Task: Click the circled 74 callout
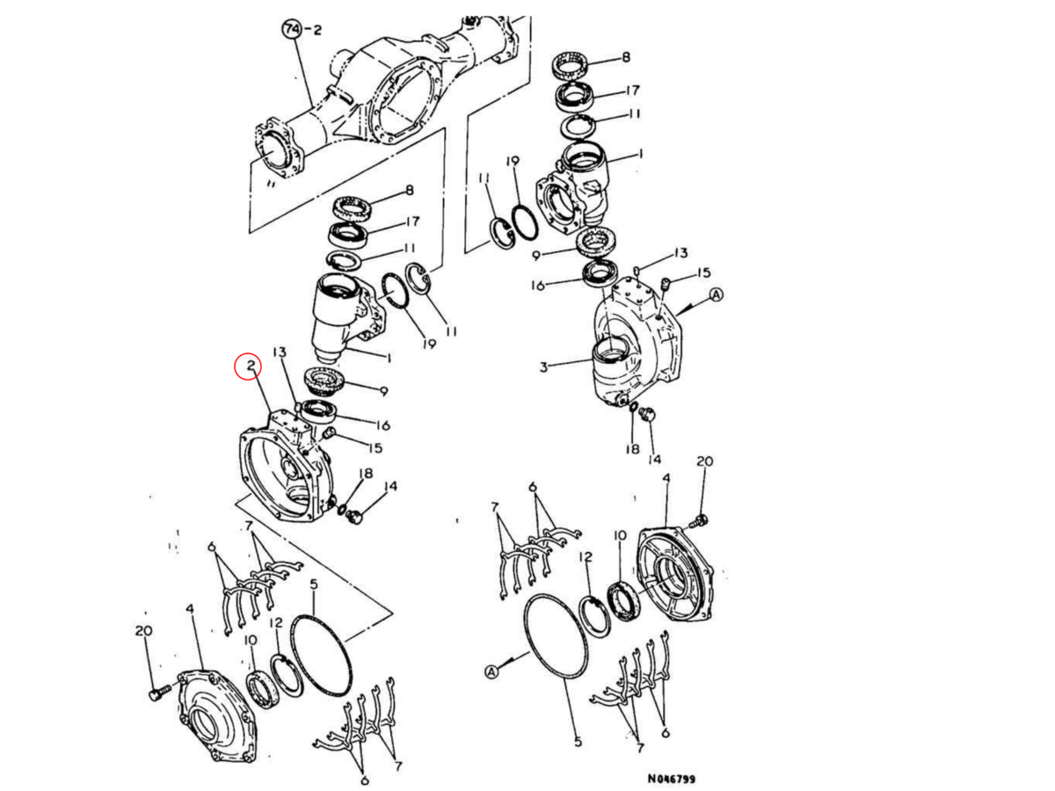[291, 30]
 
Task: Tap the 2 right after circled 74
[317, 30]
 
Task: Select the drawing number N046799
[671, 779]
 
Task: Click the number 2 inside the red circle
[251, 366]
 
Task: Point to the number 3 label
[543, 367]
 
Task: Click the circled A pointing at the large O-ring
[491, 671]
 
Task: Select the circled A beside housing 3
[717, 295]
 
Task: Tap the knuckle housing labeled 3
[637, 345]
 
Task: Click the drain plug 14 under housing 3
[648, 414]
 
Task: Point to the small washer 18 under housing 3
[633, 407]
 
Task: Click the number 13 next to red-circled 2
[280, 352]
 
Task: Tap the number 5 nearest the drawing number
[578, 742]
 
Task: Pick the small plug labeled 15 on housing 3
[666, 283]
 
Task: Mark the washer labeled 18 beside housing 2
[342, 510]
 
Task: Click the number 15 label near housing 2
[375, 448]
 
